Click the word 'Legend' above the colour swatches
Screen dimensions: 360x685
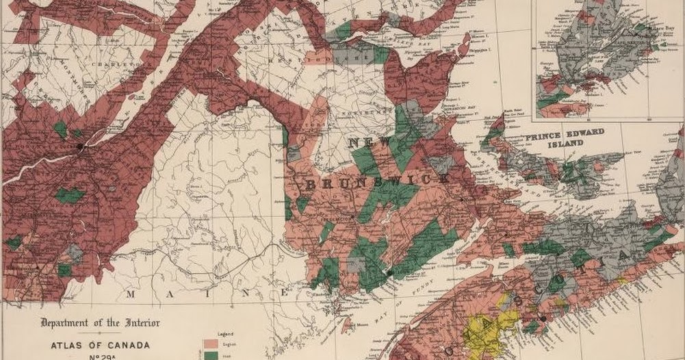225,333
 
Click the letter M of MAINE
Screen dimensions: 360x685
129,294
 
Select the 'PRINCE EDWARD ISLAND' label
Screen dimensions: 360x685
564,140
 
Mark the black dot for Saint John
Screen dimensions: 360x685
388,272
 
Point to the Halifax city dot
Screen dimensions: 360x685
543,318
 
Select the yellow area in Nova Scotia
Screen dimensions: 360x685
489,329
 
